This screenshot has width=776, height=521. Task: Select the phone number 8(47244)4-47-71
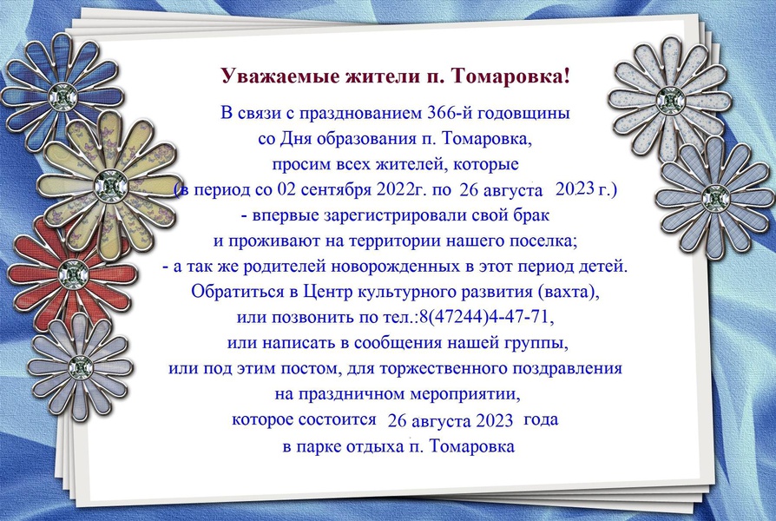485,317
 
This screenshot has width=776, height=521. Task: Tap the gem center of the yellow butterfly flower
110,186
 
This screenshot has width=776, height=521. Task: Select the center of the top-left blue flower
62,96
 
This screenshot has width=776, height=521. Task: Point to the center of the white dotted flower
670,101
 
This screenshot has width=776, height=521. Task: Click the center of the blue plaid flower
715,197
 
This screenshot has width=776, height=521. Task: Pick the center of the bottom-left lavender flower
81,368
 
